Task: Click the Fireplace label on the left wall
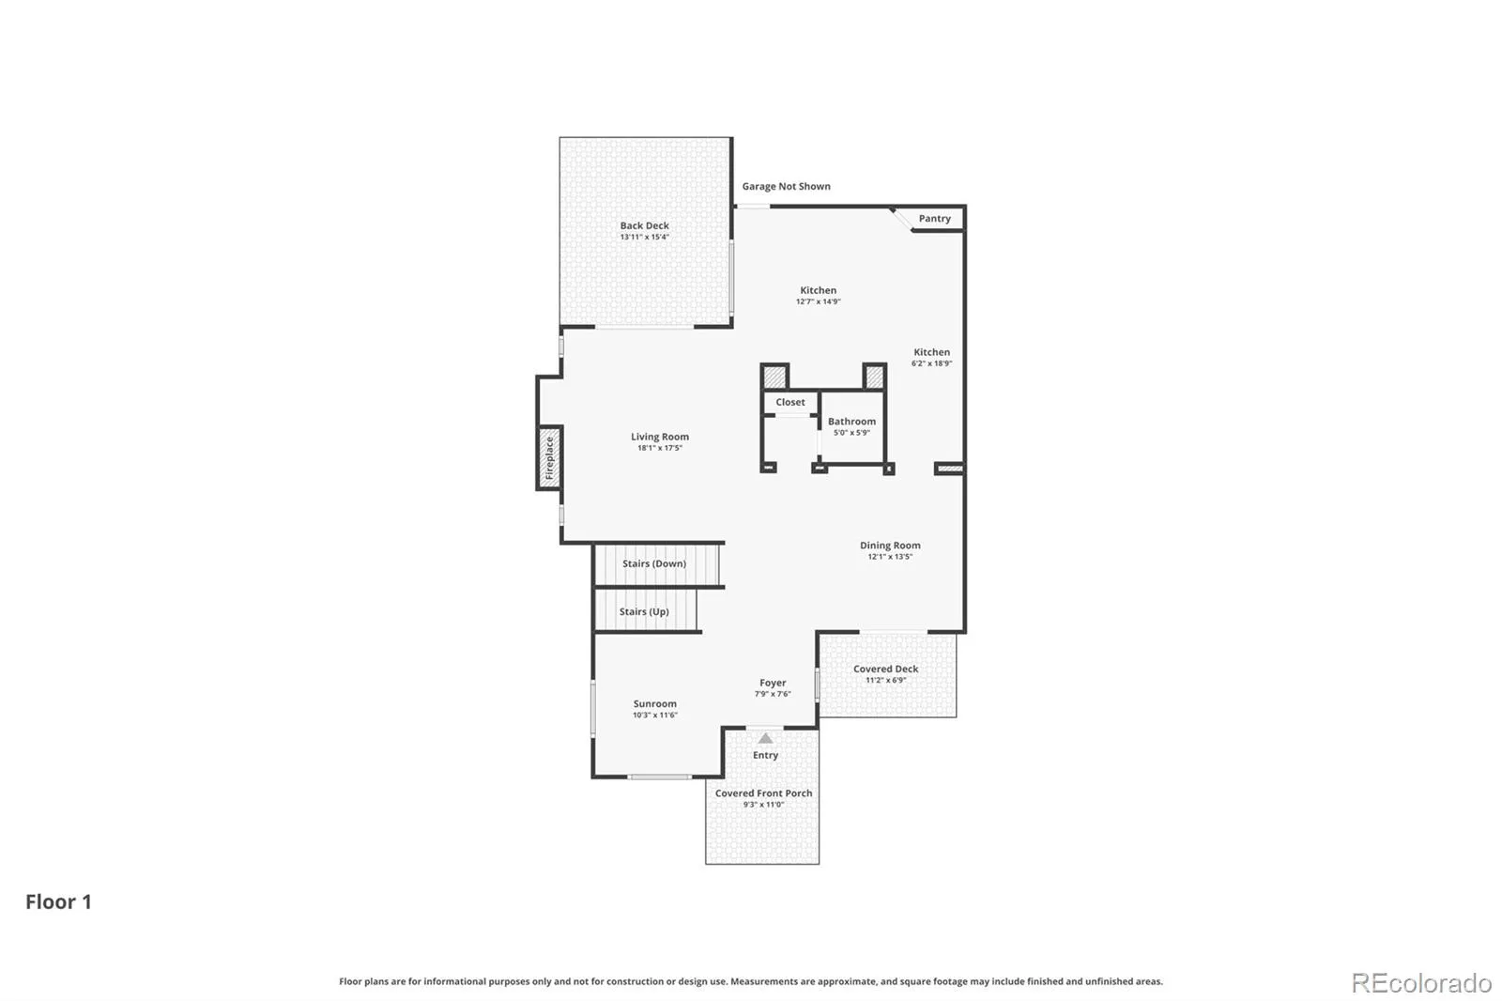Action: pos(549,457)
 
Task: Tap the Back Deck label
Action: pos(644,225)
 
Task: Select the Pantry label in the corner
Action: pos(935,218)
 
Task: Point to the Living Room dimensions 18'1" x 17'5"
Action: pos(660,448)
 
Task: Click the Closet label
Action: pos(790,402)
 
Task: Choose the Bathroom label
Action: pos(851,422)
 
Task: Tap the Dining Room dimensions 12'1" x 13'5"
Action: pos(890,556)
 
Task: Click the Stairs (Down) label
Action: pos(654,563)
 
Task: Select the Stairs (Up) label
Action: pos(644,611)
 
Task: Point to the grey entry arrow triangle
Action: pos(765,738)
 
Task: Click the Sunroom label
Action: pos(655,703)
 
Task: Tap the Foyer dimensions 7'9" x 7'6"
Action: pos(774,694)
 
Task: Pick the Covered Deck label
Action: pos(886,669)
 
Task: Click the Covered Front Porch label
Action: pos(764,793)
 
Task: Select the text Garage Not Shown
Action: pos(786,186)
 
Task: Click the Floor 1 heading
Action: pos(58,901)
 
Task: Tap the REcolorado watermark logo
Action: pos(1421,983)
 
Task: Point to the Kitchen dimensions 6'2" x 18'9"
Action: pos(932,363)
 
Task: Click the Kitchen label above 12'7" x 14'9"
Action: pos(818,290)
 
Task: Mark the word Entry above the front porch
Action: pos(765,755)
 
